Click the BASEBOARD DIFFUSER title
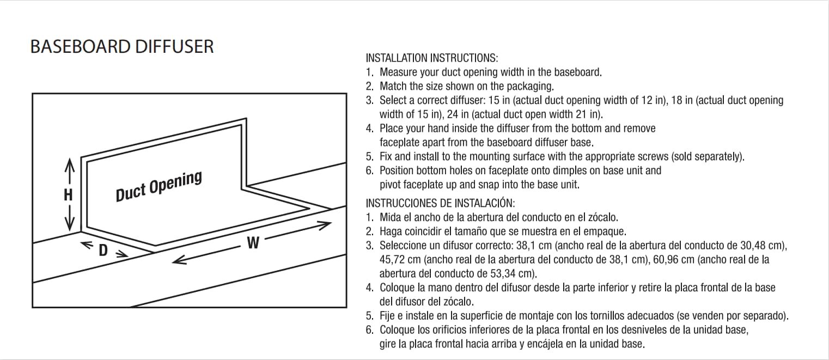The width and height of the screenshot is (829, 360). pyautogui.click(x=122, y=47)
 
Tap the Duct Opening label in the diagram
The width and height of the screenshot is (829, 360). pyautogui.click(x=159, y=186)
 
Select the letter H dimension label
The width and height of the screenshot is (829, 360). pyautogui.click(x=69, y=194)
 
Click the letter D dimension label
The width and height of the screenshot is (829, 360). pyautogui.click(x=103, y=251)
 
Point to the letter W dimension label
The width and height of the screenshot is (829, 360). pyautogui.click(x=253, y=243)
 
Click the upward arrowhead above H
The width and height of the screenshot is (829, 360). pyautogui.click(x=69, y=163)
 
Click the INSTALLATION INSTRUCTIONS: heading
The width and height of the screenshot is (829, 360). pyautogui.click(x=432, y=58)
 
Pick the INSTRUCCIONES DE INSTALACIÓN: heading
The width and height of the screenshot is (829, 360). pyautogui.click(x=440, y=203)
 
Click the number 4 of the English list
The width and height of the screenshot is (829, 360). pyautogui.click(x=369, y=129)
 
